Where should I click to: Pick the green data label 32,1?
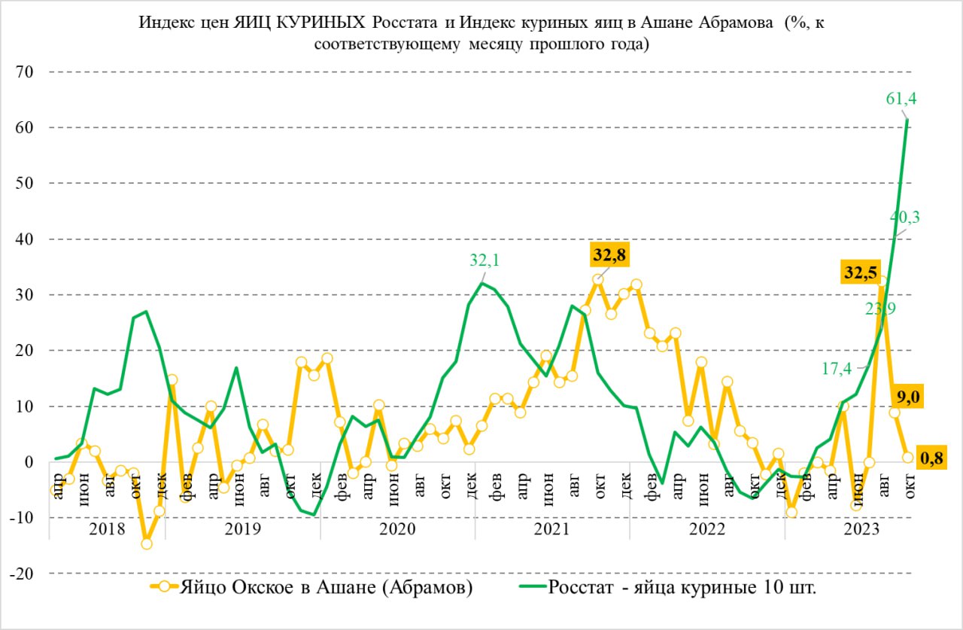coord(485,261)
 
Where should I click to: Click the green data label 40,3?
coord(905,217)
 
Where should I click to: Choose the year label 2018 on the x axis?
coord(107,528)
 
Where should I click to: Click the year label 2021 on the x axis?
coord(551,528)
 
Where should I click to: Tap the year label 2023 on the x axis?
coord(862,528)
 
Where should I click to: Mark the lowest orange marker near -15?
coord(147,543)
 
